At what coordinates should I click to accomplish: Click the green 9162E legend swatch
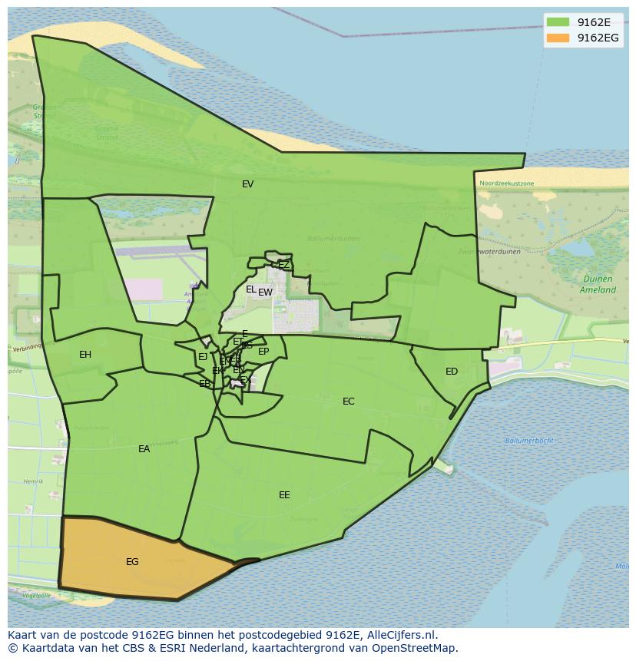pyautogui.click(x=558, y=22)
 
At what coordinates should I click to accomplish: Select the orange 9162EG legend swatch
pyautogui.click(x=558, y=38)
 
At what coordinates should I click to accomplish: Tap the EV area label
pyautogui.click(x=247, y=184)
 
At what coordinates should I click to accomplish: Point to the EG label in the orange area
pyautogui.click(x=132, y=562)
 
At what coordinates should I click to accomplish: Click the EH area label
pyautogui.click(x=85, y=355)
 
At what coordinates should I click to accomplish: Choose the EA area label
pyautogui.click(x=144, y=449)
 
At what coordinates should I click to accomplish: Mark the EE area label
pyautogui.click(x=284, y=495)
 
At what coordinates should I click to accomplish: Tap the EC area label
pyautogui.click(x=349, y=402)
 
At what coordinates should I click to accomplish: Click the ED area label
pyautogui.click(x=452, y=372)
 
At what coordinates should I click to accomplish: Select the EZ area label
pyautogui.click(x=283, y=265)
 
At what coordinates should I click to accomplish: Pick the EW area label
pyautogui.click(x=265, y=292)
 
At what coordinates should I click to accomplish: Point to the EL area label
pyautogui.click(x=250, y=289)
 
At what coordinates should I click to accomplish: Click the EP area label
pyautogui.click(x=263, y=352)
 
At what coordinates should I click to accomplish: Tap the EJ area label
pyautogui.click(x=203, y=357)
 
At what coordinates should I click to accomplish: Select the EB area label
pyautogui.click(x=204, y=384)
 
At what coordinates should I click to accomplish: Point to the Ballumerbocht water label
pyautogui.click(x=529, y=441)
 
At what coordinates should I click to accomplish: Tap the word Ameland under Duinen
pyautogui.click(x=598, y=290)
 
